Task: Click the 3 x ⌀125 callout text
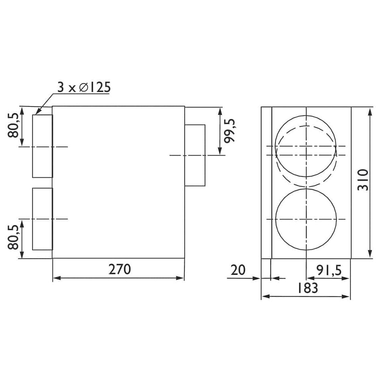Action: [x=84, y=87]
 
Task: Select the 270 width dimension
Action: [x=120, y=269]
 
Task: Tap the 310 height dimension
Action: [x=363, y=180]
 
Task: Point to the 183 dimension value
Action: [x=307, y=287]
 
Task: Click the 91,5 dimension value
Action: [x=329, y=270]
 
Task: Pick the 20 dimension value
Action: [x=238, y=270]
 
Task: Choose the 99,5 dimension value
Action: [x=229, y=131]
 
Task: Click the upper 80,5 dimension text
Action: [x=13, y=125]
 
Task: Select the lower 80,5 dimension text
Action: [x=13, y=237]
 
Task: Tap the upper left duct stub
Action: [x=43, y=146]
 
